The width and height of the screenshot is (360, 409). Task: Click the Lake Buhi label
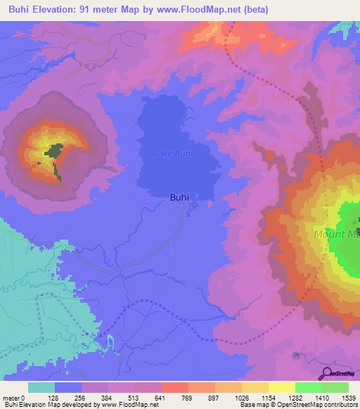[x=173, y=153]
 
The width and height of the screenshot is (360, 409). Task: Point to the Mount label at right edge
[x=336, y=234]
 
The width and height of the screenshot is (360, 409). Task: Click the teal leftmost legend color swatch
[x=41, y=387]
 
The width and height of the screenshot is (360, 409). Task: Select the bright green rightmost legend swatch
[x=335, y=387]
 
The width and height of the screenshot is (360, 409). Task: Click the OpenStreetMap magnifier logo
[x=326, y=373]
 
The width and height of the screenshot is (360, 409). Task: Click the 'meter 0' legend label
[x=13, y=397]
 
